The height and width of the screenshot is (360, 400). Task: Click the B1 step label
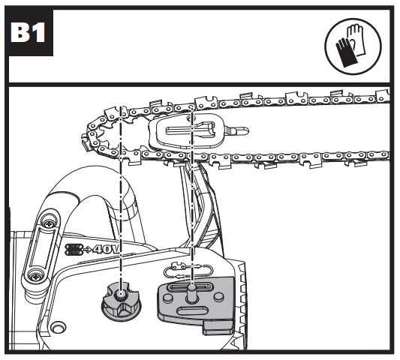point(28,33)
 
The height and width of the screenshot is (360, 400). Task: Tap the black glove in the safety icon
point(347,53)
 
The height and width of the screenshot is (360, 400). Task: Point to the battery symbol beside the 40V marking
point(74,249)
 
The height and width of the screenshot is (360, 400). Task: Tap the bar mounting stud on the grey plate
point(192,293)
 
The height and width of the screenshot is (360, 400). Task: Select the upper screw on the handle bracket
point(49,224)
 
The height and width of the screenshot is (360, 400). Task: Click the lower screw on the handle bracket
point(35,275)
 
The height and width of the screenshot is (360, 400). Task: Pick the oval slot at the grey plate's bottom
point(188,311)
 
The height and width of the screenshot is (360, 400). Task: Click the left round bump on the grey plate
point(168,297)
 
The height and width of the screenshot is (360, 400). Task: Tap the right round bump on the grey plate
point(218,296)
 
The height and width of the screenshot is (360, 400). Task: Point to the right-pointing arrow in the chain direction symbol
point(197,266)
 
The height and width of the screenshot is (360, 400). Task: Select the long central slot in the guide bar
point(190,130)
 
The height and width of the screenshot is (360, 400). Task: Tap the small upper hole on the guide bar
point(190,118)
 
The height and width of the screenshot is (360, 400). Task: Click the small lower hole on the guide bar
point(191,142)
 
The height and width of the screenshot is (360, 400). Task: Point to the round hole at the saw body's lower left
point(59,328)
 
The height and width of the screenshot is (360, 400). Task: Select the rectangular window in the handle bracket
point(42,248)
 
